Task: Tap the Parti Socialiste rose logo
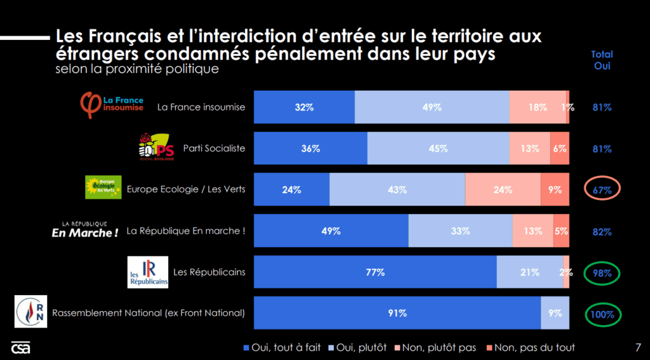pyautogui.click(x=156, y=147)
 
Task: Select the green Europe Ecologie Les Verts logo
pyautogui.click(x=103, y=187)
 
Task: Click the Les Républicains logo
pyautogui.click(x=148, y=272)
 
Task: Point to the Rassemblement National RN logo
pyautogui.click(x=30, y=312)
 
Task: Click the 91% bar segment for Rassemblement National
pyautogui.click(x=397, y=313)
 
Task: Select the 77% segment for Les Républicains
pyautogui.click(x=375, y=272)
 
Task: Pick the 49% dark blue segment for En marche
pyautogui.click(x=331, y=231)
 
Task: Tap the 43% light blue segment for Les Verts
pyautogui.click(x=397, y=190)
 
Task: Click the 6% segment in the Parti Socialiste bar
pyautogui.click(x=559, y=149)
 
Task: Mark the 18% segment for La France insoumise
pyautogui.click(x=537, y=107)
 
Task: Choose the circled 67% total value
pyautogui.click(x=602, y=190)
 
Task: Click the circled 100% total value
pyautogui.click(x=602, y=314)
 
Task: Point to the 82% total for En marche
pyautogui.click(x=602, y=231)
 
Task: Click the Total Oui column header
pyautogui.click(x=602, y=60)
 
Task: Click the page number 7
pyautogui.click(x=637, y=347)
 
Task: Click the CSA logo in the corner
pyautogui.click(x=20, y=348)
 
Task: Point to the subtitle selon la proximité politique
pyautogui.click(x=136, y=69)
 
